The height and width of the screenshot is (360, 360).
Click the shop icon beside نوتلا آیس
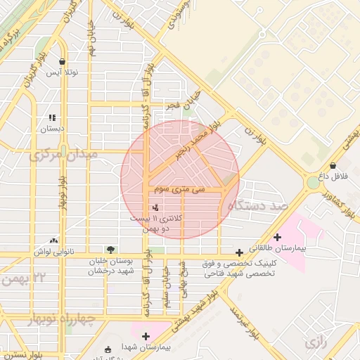63,61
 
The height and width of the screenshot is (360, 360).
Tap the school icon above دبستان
51,117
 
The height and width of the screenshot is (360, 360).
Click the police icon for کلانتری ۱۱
155,207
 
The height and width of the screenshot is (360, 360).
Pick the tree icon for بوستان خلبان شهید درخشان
110,249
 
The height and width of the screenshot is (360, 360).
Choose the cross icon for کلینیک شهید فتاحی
240,252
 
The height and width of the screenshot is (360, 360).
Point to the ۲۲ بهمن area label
23,278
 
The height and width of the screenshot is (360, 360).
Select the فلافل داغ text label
335,174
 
